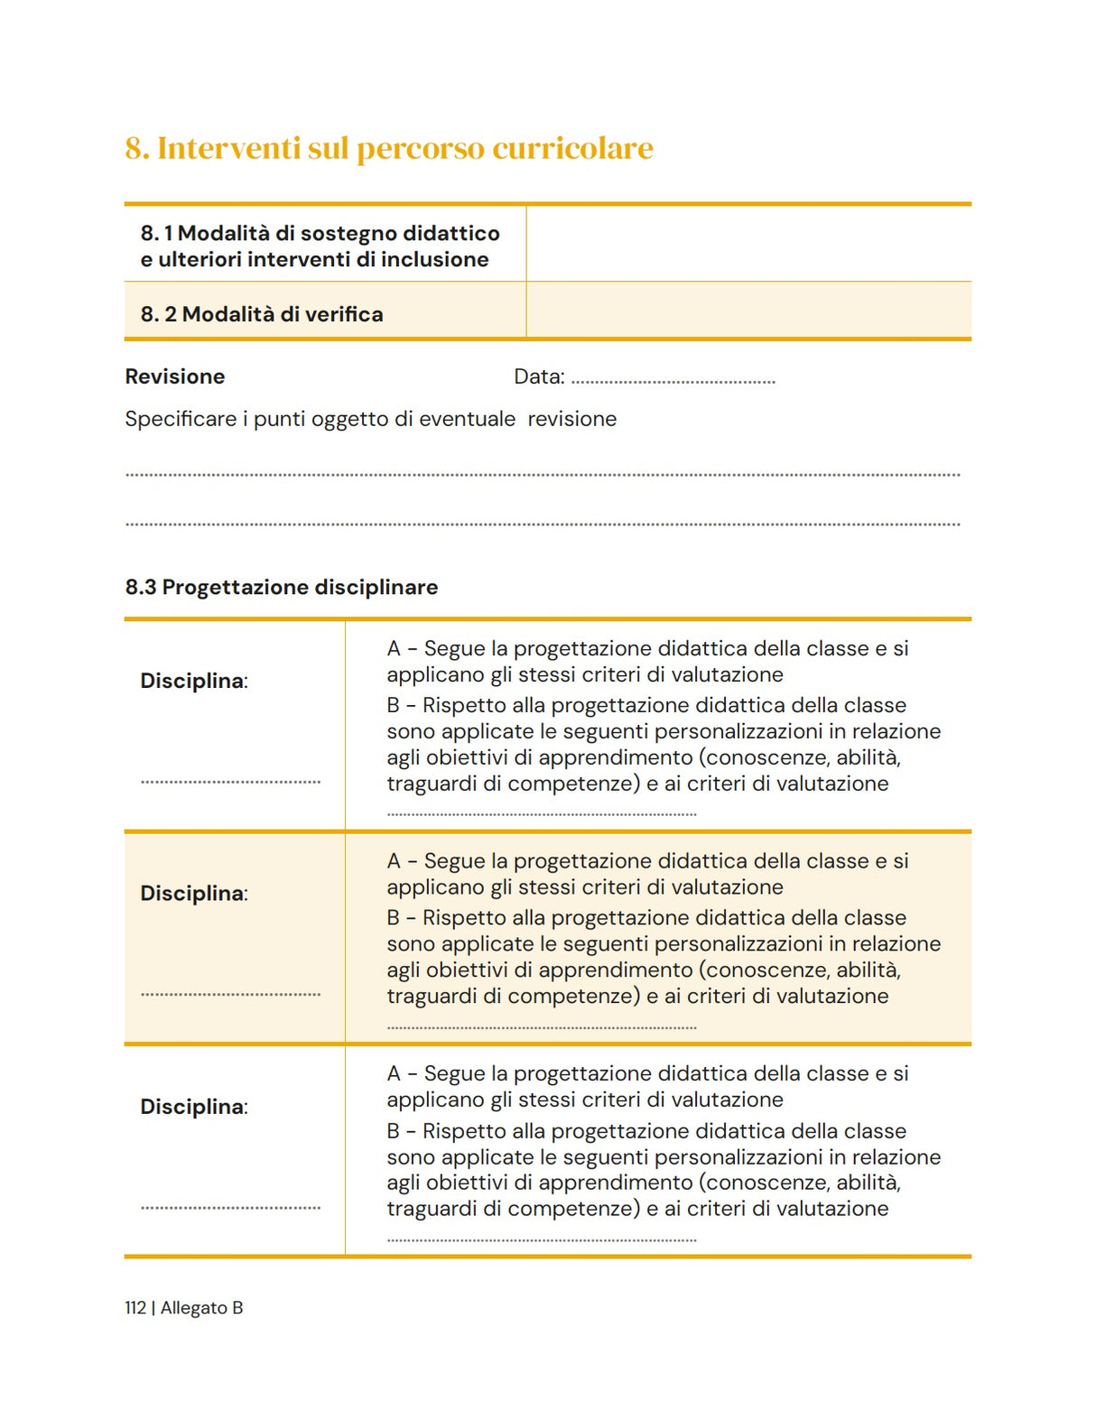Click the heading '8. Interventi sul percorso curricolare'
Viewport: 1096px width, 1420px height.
coord(388,148)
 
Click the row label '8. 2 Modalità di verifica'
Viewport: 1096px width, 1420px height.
coord(261,314)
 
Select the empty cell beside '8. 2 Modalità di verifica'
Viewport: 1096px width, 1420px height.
coord(748,311)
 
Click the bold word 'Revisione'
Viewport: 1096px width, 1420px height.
coord(174,376)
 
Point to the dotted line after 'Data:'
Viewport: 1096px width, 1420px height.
coord(673,382)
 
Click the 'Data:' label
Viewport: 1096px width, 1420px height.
coord(539,376)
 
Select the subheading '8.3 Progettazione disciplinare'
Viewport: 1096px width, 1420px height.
coord(281,587)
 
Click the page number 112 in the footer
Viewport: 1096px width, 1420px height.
coord(135,1308)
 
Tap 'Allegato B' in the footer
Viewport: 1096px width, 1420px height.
coord(201,1308)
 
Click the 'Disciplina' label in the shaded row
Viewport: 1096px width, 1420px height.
coord(192,894)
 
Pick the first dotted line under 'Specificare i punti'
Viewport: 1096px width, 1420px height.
coord(542,475)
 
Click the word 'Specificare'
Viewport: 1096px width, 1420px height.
coord(181,419)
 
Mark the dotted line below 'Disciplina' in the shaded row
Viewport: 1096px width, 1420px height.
coord(230,995)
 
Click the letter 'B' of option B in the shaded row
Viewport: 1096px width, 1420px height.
coord(393,918)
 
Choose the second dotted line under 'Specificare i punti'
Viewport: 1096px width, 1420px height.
coord(542,524)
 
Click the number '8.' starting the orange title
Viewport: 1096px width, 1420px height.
coord(137,148)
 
